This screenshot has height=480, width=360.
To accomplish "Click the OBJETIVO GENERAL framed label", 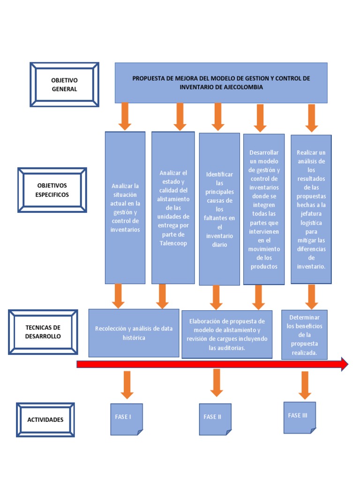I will click(64, 85).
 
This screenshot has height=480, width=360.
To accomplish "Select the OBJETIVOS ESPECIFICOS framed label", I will click(52, 190).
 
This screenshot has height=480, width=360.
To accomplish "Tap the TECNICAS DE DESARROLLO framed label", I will click(43, 332).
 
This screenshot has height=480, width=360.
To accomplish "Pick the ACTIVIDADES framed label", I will click(45, 420).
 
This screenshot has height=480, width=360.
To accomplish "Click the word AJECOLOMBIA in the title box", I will click(243, 87).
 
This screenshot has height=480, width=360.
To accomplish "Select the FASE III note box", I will click(300, 417).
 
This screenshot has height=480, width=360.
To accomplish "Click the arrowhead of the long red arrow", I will click(344, 364).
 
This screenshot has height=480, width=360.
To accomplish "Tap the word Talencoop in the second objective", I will click(173, 243).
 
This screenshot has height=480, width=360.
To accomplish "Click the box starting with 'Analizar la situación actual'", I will click(125, 208).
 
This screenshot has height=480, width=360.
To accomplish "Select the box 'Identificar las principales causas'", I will click(219, 209).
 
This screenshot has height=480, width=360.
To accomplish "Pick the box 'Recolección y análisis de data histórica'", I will click(134, 333).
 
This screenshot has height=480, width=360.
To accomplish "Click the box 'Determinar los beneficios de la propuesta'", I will click(304, 335).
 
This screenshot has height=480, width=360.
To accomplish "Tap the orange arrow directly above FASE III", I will click(305, 384).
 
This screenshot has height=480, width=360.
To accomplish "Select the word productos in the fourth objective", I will click(264, 266).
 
